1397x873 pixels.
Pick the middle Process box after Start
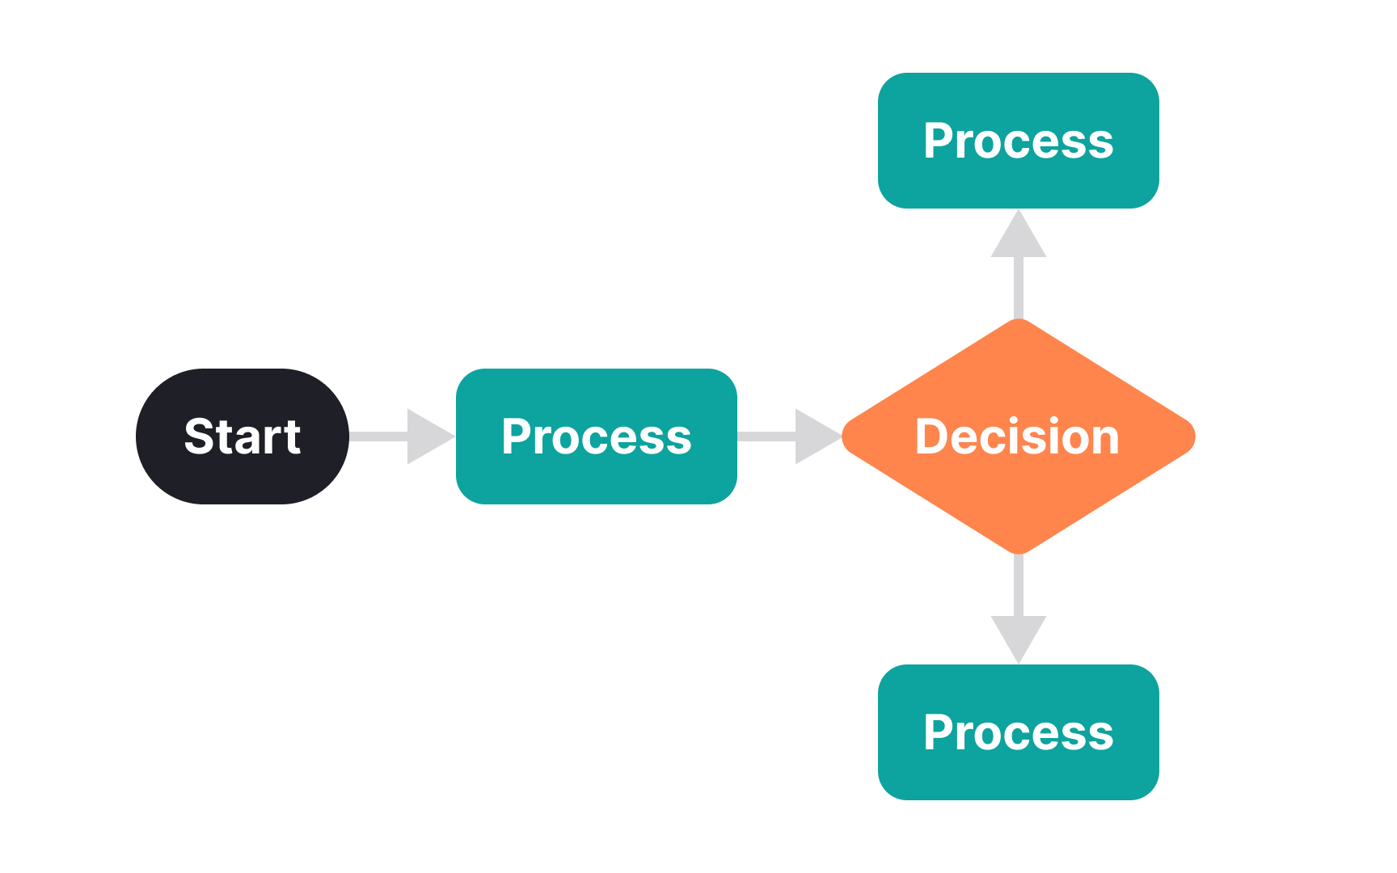(596, 478)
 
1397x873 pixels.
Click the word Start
(242, 436)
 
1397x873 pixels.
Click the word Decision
(1017, 436)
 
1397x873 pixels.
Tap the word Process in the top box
(1018, 141)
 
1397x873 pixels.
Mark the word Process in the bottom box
(1018, 732)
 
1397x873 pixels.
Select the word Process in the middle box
(596, 436)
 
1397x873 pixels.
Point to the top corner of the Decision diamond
(1019, 323)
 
